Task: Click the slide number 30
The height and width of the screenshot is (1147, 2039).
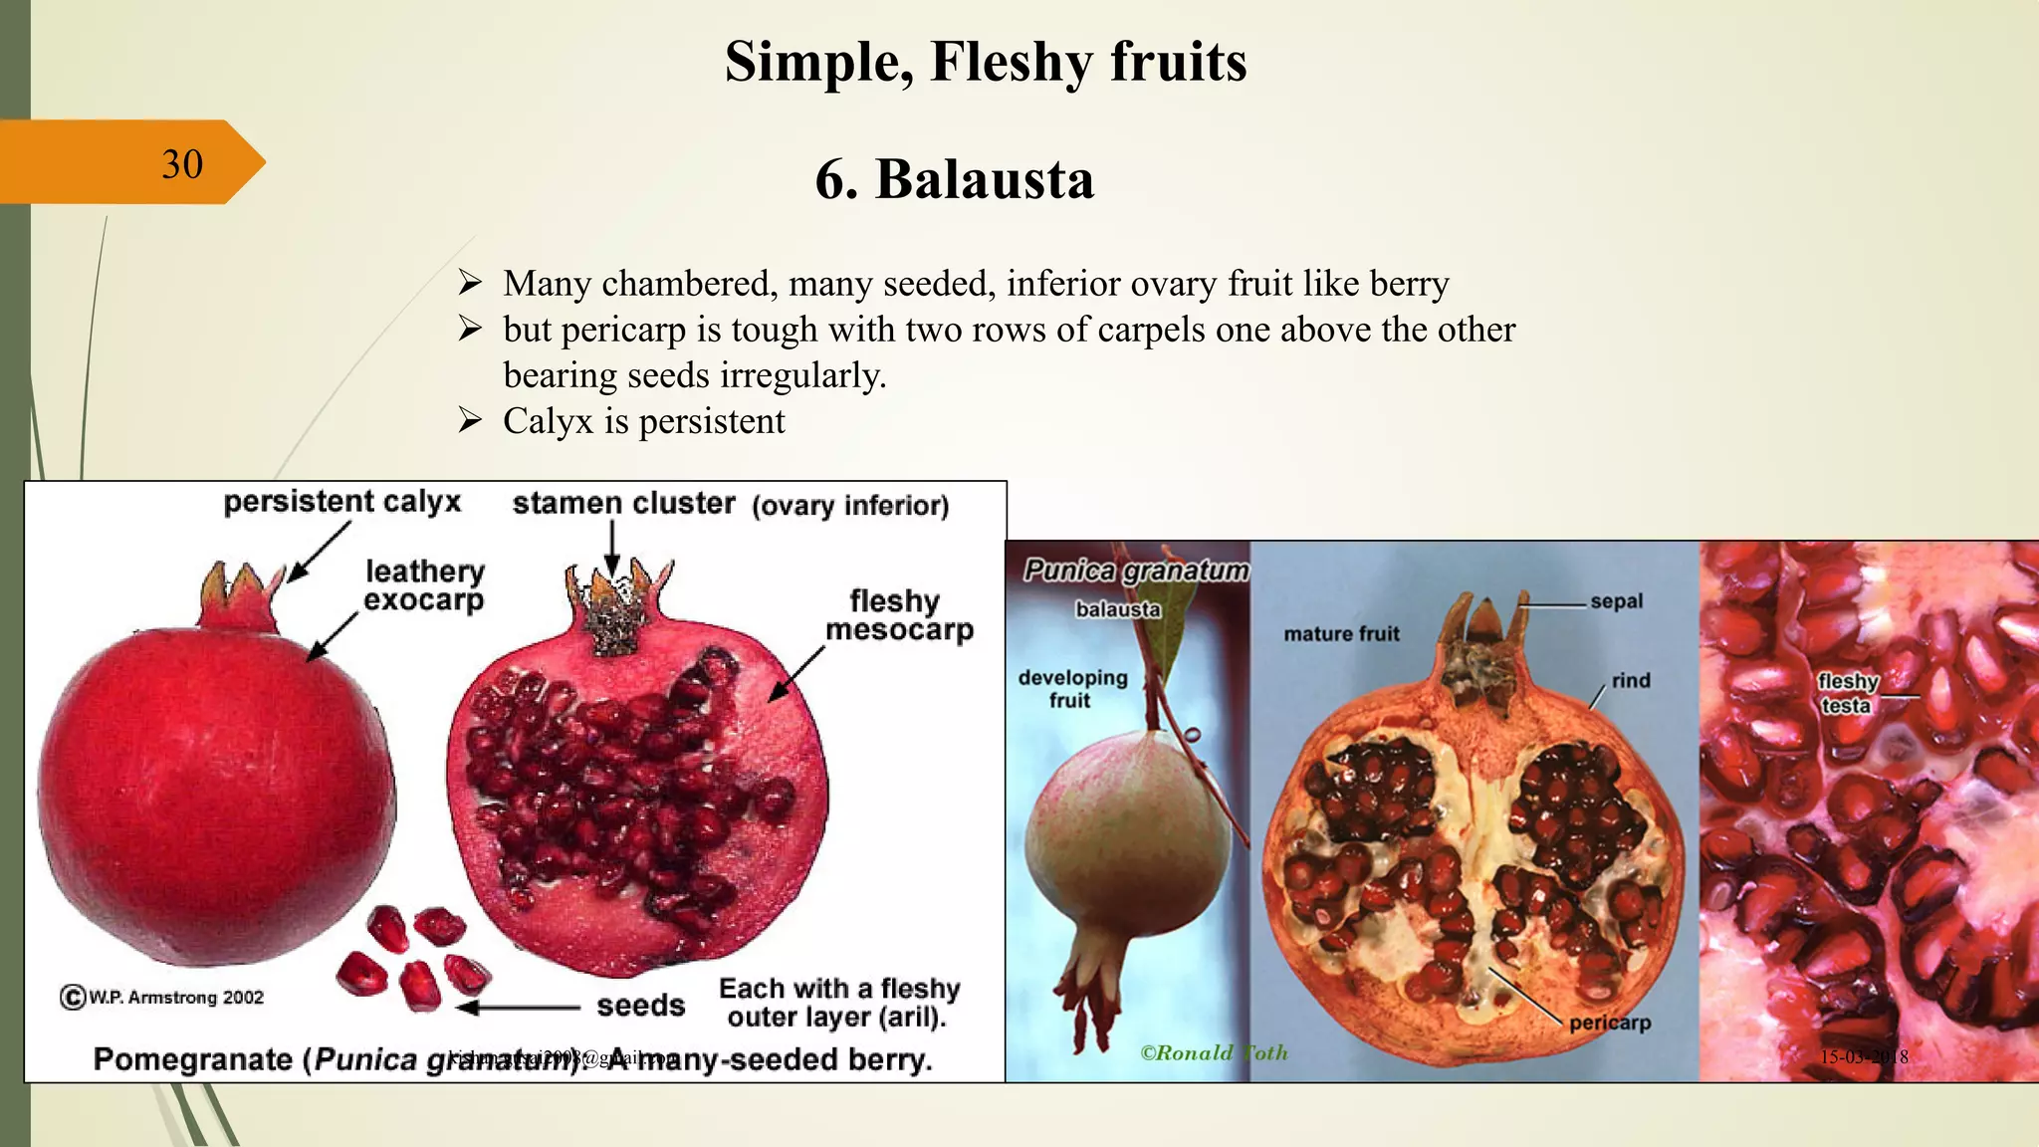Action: tap(182, 164)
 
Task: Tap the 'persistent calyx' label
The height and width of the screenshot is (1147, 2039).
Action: tap(341, 502)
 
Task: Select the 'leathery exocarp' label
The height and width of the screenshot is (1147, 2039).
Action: tap(424, 585)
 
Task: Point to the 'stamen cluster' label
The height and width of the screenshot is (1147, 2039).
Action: tap(623, 504)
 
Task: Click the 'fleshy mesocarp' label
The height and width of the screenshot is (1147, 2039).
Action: tap(898, 615)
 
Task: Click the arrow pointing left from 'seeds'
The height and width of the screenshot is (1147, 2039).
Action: tap(518, 1008)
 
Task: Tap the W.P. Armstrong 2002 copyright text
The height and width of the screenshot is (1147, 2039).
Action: tap(163, 997)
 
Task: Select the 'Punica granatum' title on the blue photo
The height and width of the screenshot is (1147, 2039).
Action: tap(1135, 571)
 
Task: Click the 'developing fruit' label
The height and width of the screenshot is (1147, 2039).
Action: tap(1072, 688)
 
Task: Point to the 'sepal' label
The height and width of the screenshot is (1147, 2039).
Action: tap(1615, 601)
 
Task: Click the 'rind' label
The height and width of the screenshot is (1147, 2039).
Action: tap(1631, 681)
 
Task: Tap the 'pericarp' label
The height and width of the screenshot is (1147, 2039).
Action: tap(1609, 1023)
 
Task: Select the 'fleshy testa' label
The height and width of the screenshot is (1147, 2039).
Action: tap(1847, 693)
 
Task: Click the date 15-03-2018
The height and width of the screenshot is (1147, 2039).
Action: tap(1863, 1057)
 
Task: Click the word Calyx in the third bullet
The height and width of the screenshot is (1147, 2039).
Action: tap(548, 421)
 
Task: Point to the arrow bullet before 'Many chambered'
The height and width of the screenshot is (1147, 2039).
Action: tap(470, 284)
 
